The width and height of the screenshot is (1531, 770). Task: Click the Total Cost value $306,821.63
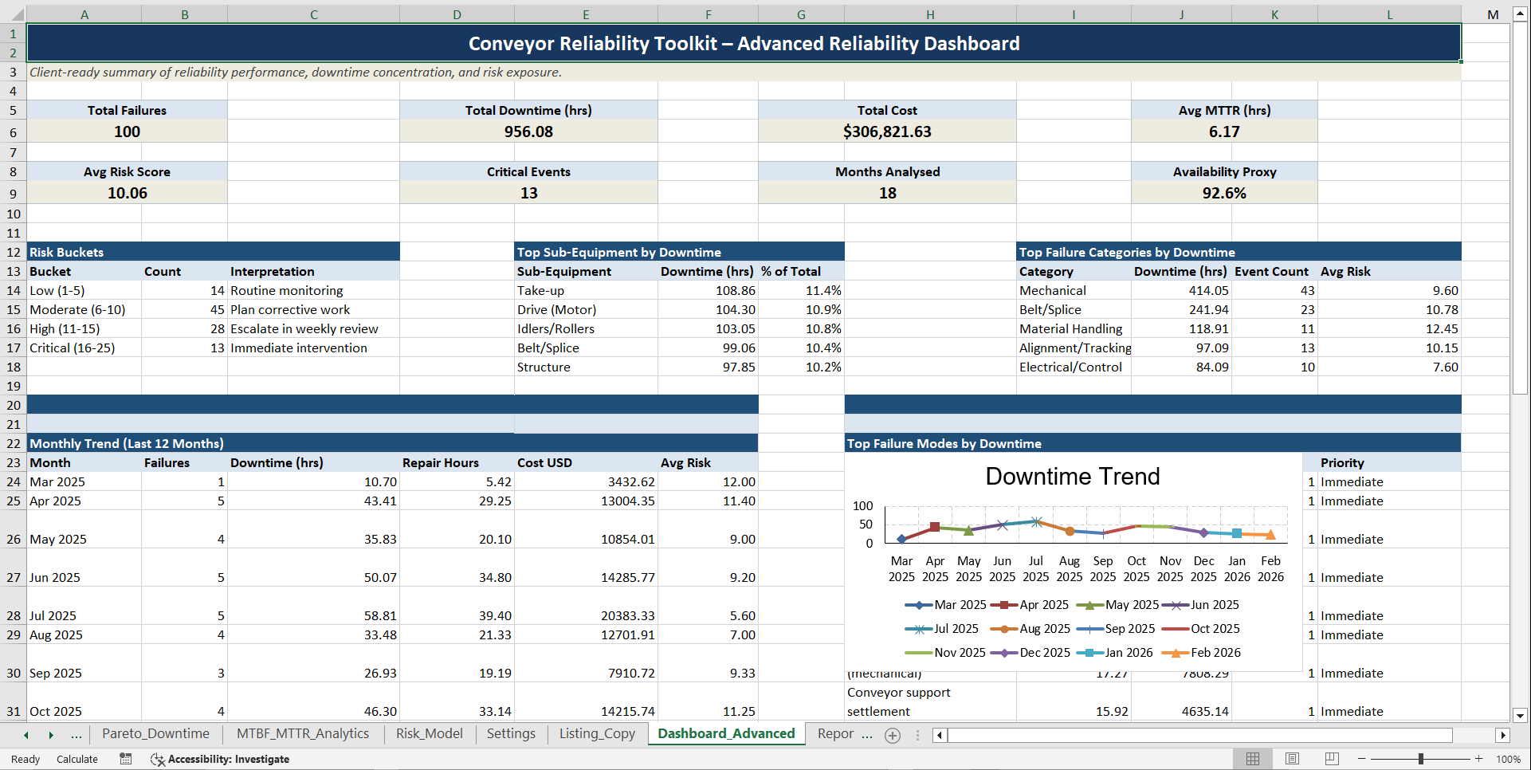click(x=886, y=132)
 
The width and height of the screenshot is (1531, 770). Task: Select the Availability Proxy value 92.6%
click(x=1223, y=193)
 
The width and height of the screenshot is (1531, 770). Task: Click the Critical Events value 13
click(x=528, y=193)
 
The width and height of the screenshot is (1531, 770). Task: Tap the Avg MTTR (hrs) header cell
click(x=1223, y=110)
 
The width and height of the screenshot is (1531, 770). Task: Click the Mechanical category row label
click(x=1052, y=291)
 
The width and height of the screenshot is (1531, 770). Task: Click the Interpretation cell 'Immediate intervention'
click(x=299, y=348)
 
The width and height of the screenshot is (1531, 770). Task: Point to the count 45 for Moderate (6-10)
click(x=217, y=310)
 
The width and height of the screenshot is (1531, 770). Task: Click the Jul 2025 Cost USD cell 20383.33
click(x=627, y=616)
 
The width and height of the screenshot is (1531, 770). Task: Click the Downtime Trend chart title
click(x=1072, y=477)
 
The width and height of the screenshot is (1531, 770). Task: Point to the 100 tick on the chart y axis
click(x=862, y=506)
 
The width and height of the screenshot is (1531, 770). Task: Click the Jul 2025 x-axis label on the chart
click(x=1035, y=569)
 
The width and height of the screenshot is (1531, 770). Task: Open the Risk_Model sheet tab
click(x=429, y=734)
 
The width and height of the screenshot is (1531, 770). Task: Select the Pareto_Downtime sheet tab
click(x=155, y=734)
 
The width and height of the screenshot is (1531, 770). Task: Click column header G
click(x=801, y=14)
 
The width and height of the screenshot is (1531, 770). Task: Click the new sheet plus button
click(x=893, y=736)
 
